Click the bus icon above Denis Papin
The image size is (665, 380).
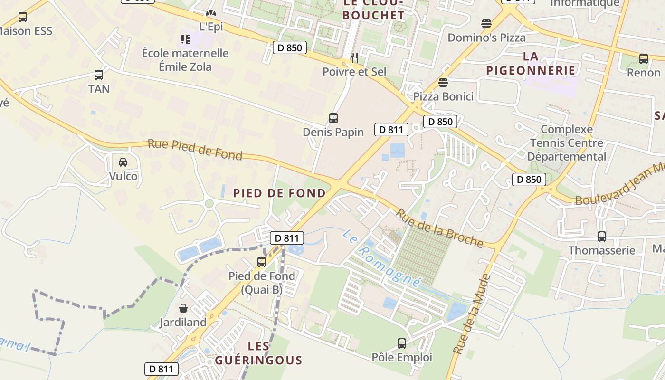(333, 118)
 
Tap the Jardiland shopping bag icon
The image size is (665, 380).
(183, 308)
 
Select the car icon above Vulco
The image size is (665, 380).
(123, 162)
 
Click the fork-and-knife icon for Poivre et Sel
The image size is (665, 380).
(354, 58)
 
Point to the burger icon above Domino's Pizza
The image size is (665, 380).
(486, 24)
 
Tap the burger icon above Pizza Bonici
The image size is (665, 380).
(443, 83)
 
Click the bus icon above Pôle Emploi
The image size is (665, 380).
(402, 343)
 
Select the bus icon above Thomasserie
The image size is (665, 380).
(602, 236)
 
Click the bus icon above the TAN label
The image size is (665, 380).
(99, 75)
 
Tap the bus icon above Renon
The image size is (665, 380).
(644, 59)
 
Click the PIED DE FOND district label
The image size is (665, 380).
(279, 193)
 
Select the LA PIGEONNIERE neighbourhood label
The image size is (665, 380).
(531, 64)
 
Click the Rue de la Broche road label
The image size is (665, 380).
(439, 228)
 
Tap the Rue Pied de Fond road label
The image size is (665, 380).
(195, 150)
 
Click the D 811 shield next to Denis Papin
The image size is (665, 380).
(391, 129)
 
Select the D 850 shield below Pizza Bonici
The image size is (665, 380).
(440, 122)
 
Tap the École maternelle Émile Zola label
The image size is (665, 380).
(185, 60)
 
